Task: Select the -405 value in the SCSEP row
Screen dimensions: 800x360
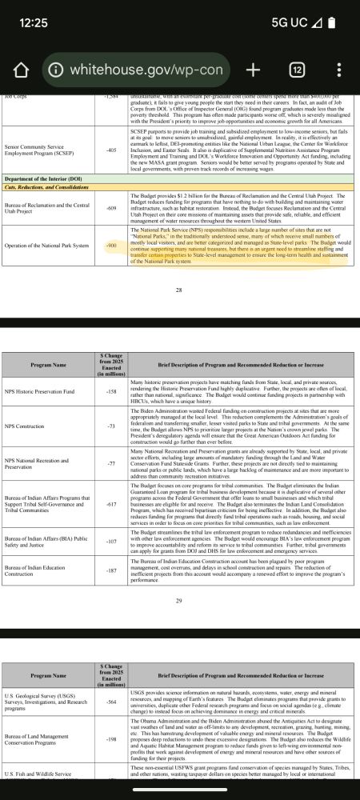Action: tap(111, 150)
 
